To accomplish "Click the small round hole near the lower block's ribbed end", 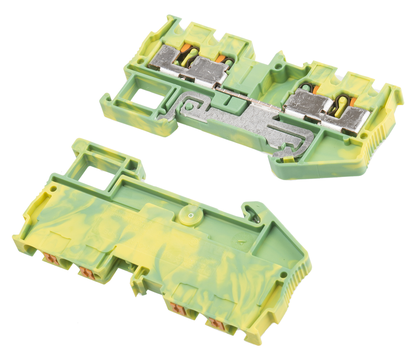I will [x=284, y=275].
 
